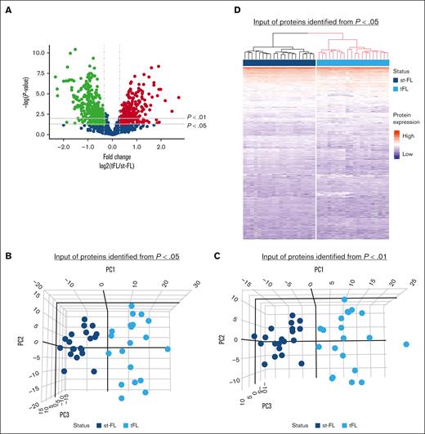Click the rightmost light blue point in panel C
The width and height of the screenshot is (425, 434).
coord(406,345)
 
